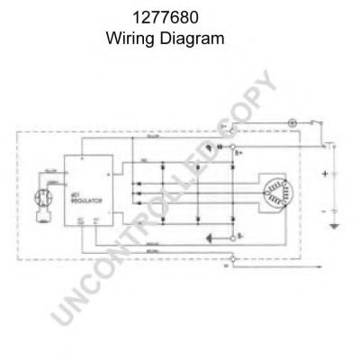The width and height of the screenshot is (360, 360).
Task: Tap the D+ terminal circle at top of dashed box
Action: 235,131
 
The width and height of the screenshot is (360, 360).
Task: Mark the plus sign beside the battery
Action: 323,173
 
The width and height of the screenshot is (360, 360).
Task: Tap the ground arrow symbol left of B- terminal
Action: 211,238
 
